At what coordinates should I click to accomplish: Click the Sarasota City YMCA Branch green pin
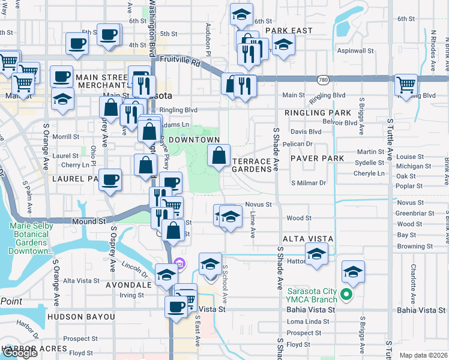[x=346, y=294]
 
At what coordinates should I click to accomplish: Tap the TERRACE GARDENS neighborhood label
[x=252, y=166]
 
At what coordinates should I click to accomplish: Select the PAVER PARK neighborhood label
[x=316, y=158]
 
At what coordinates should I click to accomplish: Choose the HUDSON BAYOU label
[x=81, y=316]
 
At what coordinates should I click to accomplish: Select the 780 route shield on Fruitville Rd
[x=324, y=79]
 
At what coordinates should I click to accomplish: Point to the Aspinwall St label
[x=355, y=51]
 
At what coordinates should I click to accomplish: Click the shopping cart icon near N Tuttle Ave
[x=406, y=84]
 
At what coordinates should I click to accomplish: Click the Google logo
[x=20, y=353]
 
